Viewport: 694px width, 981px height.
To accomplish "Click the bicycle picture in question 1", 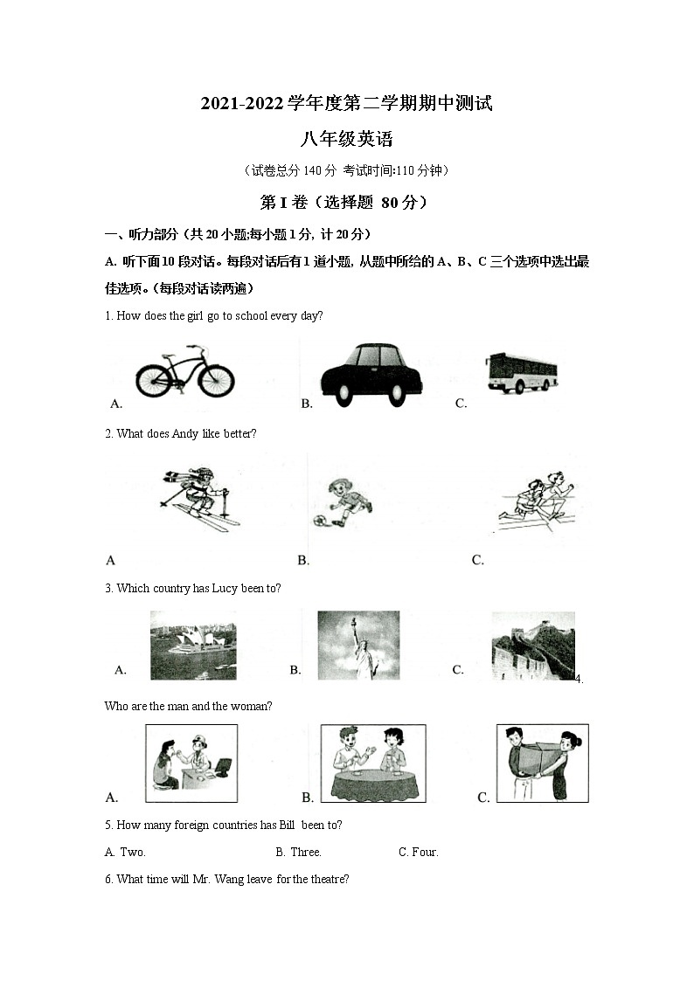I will [184, 373].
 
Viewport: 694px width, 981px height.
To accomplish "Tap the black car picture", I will [371, 374].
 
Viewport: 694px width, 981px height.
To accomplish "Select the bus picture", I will [522, 372].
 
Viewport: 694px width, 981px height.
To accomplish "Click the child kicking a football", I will [344, 502].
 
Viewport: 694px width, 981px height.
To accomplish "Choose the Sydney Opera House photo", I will [193, 645].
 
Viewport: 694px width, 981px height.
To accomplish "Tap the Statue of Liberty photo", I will [358, 645].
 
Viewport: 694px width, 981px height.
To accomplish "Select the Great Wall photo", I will [533, 645].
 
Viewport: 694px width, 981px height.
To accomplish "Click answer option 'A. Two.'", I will [125, 852].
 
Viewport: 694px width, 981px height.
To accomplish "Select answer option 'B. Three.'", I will [299, 852].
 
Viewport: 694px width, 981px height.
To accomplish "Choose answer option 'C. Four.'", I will [419, 852].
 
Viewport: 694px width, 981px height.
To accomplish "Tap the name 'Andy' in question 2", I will [184, 433].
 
